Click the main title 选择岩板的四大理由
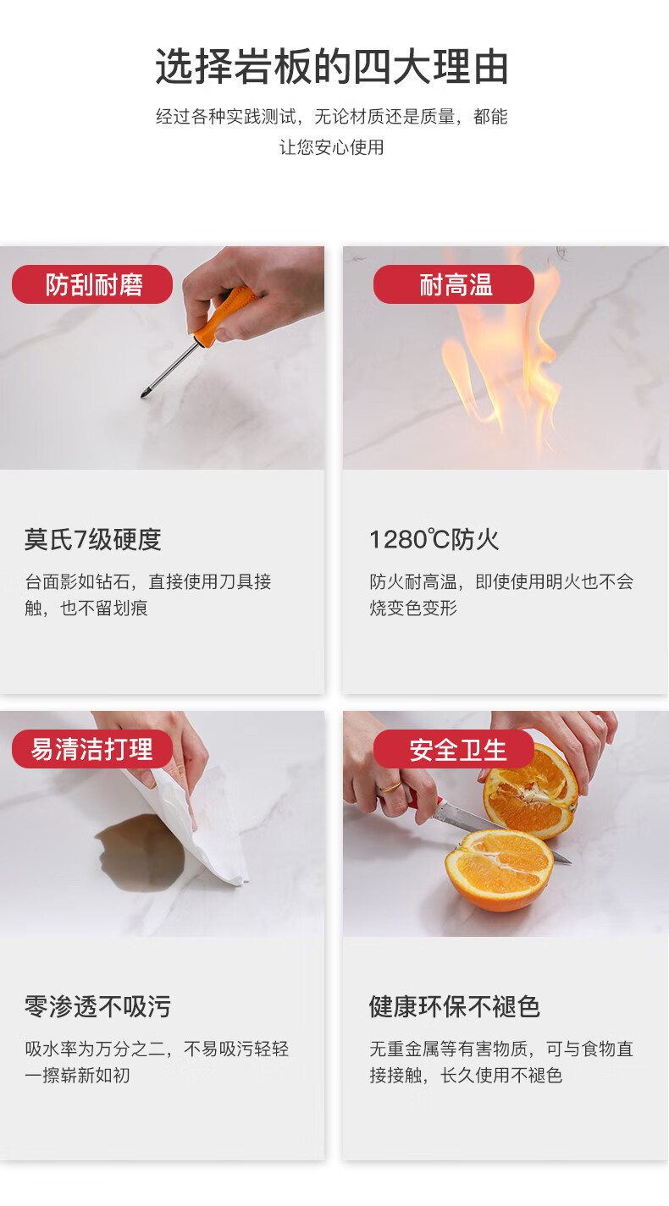[332, 67]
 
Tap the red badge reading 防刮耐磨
[92, 284]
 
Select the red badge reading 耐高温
[454, 284]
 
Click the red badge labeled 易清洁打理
[92, 749]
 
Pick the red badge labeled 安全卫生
[454, 749]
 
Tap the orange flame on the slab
[498, 355]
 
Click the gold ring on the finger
[392, 786]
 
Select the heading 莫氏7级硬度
[92, 539]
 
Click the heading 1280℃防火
[434, 539]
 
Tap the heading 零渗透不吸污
[97, 1007]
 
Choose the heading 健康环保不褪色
[455, 1007]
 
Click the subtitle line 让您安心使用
[332, 147]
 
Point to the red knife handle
[425, 802]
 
